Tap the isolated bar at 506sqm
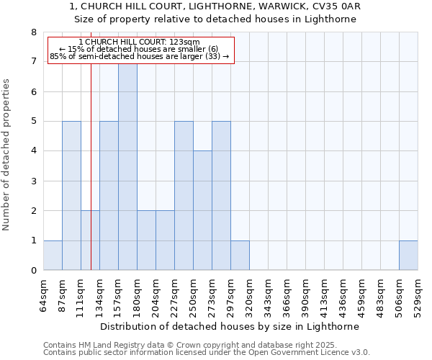408,256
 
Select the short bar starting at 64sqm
53,256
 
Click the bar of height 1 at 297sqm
240,256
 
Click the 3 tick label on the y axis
33,181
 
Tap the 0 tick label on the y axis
33,271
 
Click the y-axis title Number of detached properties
7,155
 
